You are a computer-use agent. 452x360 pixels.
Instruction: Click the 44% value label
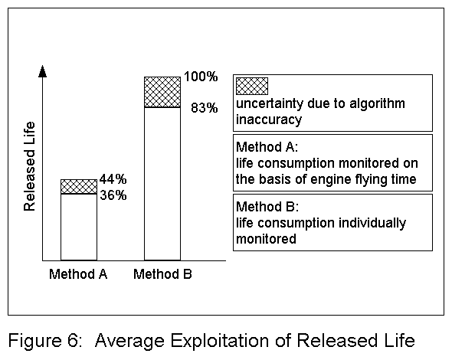113,181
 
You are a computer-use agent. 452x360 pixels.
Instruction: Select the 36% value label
113,195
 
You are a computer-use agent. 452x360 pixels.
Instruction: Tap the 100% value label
201,78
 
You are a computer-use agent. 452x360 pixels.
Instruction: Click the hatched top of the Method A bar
79,186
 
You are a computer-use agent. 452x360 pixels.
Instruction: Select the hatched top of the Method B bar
162,92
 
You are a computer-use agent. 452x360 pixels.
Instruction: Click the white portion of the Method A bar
79,227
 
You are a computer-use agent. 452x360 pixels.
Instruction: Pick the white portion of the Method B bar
162,184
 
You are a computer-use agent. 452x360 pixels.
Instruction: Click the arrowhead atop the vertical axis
43,72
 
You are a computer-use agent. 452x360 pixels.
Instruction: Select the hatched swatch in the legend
251,86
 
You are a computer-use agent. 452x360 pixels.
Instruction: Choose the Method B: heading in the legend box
262,207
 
